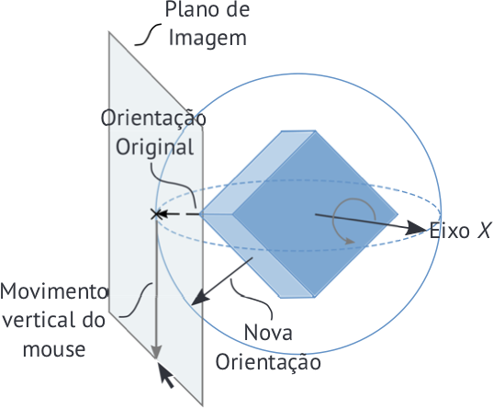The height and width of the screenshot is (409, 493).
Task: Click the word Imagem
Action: tap(207, 39)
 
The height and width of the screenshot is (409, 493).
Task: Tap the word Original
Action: tap(154, 147)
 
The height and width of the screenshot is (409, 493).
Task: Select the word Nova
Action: tap(268, 333)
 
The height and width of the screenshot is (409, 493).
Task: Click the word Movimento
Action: tap(54, 291)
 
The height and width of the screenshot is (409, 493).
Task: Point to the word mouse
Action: tap(54, 349)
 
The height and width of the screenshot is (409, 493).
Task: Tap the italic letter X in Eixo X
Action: tap(484, 231)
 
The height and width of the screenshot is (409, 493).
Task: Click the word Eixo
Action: tap(450, 231)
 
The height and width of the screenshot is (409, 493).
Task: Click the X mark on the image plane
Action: tap(156, 214)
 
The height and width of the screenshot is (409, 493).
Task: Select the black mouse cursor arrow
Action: tap(165, 375)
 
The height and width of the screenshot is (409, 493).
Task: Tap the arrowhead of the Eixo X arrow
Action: tap(417, 227)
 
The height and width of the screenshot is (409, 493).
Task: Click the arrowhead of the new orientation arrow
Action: tap(199, 298)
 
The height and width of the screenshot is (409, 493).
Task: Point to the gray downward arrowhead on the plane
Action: tap(156, 352)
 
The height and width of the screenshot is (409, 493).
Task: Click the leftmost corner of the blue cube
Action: tap(200, 214)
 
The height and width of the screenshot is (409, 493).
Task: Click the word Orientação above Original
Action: tap(153, 118)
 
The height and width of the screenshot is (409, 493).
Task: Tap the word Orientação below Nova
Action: tap(268, 363)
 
